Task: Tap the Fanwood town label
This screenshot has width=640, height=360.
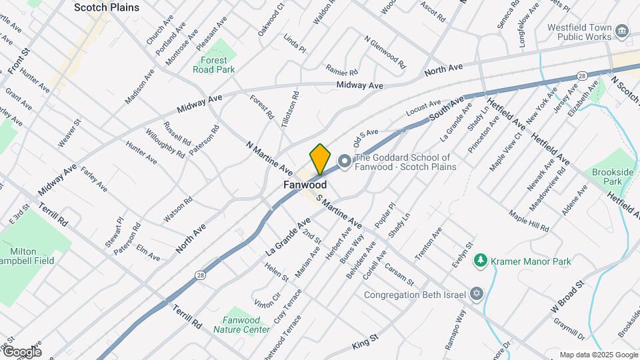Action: (305, 185)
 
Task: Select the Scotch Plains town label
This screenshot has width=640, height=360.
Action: (107, 7)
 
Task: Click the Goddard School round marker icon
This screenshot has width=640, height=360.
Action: (344, 161)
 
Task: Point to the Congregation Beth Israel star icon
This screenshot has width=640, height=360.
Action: (476, 294)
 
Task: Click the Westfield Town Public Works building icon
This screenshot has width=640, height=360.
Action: (621, 31)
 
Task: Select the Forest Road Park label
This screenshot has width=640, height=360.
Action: (214, 64)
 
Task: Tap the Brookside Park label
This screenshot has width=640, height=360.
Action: (613, 177)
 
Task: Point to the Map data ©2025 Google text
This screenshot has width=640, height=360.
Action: (597, 355)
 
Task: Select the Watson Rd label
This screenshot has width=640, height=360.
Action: (178, 209)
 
